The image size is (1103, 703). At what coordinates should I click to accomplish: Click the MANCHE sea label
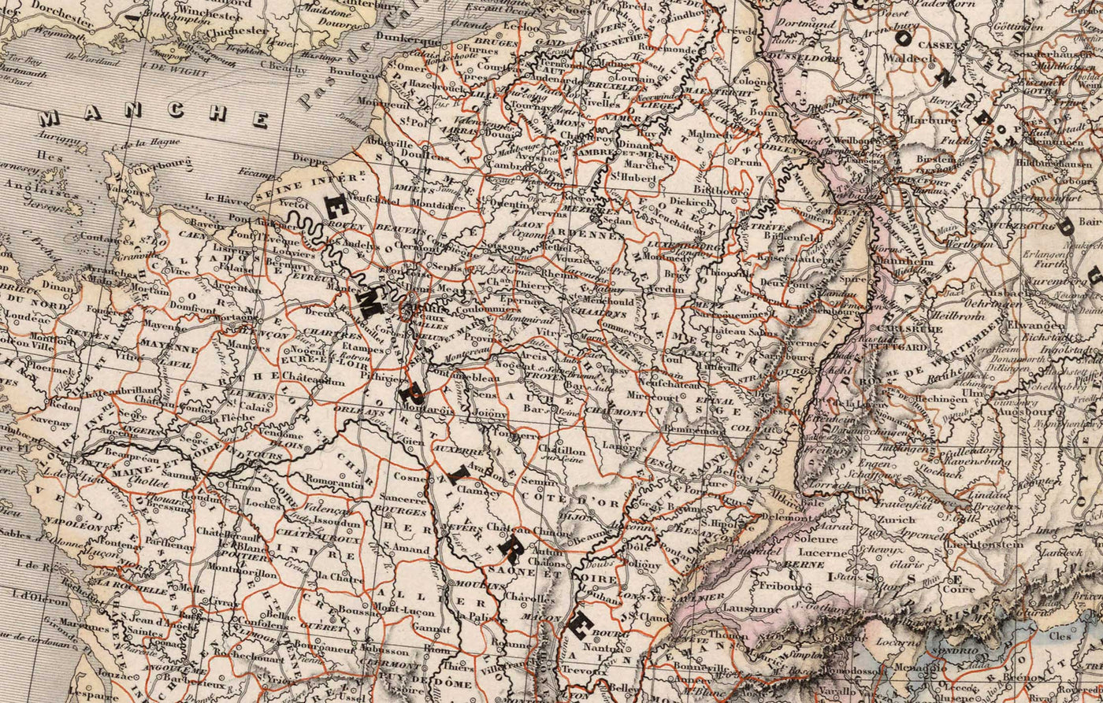154,117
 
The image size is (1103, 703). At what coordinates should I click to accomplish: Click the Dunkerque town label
409,37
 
